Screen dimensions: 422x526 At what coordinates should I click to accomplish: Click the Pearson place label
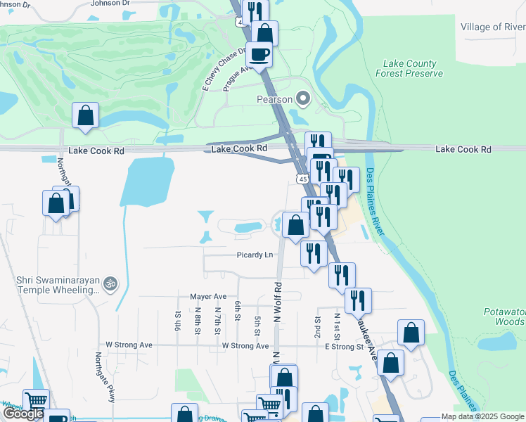pos(274,99)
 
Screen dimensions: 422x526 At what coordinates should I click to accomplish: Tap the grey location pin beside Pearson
pos(304,99)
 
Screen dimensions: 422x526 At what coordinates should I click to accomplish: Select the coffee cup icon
pos(258,53)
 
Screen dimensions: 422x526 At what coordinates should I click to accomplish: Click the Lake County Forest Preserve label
pos(409,68)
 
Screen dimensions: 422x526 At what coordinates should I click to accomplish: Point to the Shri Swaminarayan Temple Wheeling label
pos(58,285)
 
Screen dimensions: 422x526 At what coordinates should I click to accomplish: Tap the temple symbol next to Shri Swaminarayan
pos(110,283)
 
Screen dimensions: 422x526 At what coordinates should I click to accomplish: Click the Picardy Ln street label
pos(255,255)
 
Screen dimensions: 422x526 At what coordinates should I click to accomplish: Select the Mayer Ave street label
pos(208,296)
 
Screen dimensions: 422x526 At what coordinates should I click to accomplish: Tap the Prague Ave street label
pos(237,79)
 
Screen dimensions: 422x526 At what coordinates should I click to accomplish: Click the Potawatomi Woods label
pos(504,316)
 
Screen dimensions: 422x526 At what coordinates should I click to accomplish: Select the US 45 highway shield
pos(302,179)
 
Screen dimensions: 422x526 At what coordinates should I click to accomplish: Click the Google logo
pos(23,414)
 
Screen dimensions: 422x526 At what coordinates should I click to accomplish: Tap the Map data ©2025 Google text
pos(483,416)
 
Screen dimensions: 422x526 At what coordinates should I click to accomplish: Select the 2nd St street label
pos(318,324)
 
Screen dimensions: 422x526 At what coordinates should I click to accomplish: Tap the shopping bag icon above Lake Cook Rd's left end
pos(85,117)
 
